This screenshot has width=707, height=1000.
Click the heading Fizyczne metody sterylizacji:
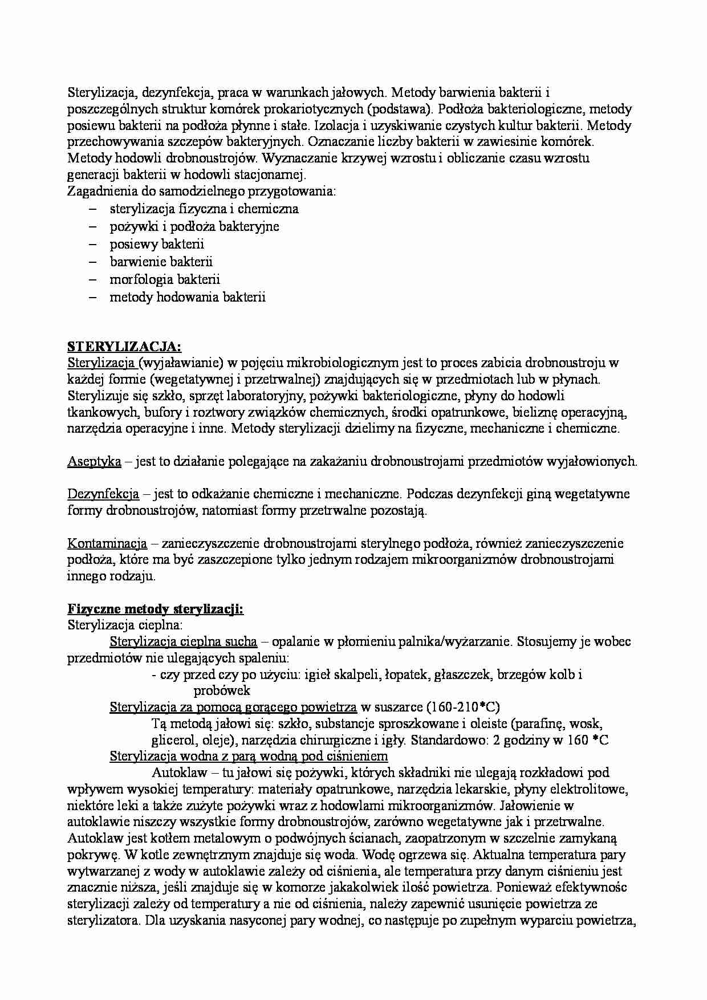tap(155, 609)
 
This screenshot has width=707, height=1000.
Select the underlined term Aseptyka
tap(94, 461)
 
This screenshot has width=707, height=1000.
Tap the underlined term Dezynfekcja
tap(103, 494)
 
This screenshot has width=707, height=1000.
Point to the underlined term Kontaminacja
tap(107, 543)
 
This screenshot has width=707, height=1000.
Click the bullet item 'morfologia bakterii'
tap(165, 279)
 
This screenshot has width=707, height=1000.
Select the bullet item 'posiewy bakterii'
tap(157, 244)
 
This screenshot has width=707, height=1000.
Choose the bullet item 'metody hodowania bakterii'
tap(188, 297)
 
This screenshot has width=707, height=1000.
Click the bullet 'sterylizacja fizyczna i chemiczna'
tap(204, 209)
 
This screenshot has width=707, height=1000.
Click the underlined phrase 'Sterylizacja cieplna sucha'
tap(183, 642)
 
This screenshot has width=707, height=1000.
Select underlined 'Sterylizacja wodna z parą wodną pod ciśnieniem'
tap(249, 757)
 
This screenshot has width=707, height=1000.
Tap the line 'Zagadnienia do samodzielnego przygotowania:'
tap(202, 192)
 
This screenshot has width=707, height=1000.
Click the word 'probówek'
tap(222, 691)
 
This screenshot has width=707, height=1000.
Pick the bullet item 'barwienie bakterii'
tap(161, 262)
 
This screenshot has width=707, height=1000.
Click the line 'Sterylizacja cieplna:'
tap(117, 625)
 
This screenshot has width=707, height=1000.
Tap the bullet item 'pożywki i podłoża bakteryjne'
tap(194, 226)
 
